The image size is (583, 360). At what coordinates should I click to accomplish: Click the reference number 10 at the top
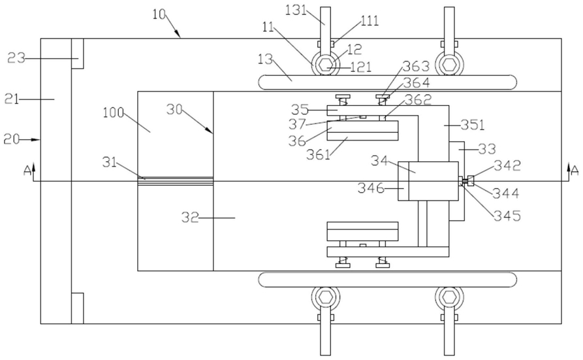(159, 14)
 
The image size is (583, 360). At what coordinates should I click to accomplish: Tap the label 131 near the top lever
(296, 10)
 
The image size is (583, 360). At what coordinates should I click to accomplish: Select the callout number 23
(16, 58)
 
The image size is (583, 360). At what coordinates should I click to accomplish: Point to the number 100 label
(114, 112)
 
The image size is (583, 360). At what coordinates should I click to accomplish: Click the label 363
(416, 66)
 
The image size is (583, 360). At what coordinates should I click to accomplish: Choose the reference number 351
(473, 125)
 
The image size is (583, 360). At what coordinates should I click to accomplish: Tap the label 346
(371, 188)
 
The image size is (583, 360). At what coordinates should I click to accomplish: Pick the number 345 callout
(507, 216)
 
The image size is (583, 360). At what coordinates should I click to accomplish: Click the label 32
(190, 217)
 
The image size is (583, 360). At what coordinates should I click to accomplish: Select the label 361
(319, 154)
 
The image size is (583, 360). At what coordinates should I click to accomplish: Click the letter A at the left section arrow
(27, 171)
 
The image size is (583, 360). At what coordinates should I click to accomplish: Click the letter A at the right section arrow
(575, 171)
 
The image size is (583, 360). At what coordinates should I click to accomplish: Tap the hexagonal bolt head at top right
(449, 65)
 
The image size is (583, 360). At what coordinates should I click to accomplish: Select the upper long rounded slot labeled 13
(387, 82)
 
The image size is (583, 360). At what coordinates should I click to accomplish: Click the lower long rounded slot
(387, 280)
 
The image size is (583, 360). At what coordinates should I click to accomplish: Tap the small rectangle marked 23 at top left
(77, 54)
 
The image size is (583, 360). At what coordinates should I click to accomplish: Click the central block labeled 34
(433, 181)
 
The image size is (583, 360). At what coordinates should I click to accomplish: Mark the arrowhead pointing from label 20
(36, 140)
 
